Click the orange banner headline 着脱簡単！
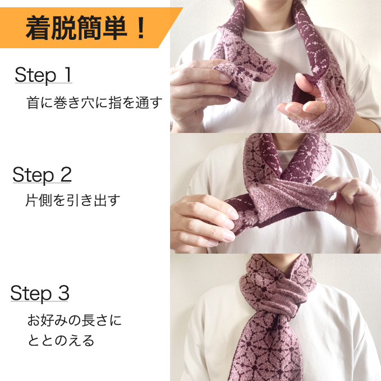click(85, 28)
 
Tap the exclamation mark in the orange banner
click(140, 27)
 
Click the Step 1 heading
click(43, 75)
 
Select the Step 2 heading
click(42, 175)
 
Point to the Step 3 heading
click(40, 293)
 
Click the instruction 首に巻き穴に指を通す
click(94, 103)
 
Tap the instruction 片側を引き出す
click(72, 200)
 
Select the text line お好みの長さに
click(74, 320)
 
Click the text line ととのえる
click(61, 340)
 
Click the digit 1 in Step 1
click(68, 74)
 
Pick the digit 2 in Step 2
click(66, 174)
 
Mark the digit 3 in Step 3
click(63, 293)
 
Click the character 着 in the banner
click(38, 28)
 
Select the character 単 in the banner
click(115, 28)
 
